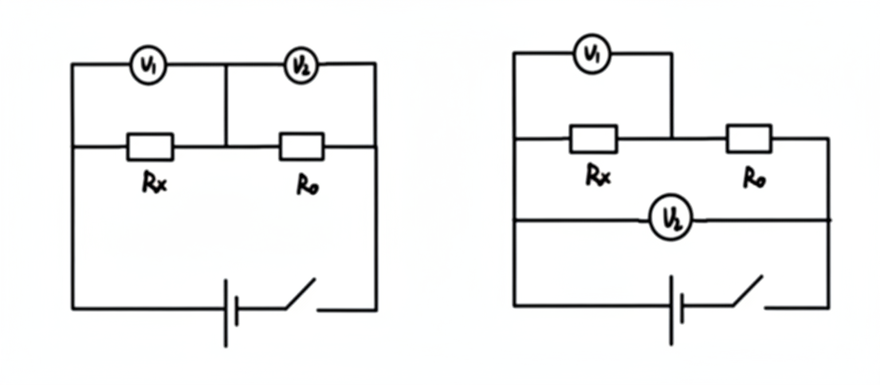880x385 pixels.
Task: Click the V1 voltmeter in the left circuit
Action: (148, 65)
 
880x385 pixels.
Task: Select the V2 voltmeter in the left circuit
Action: (301, 66)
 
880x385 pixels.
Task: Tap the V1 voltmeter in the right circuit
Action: (592, 54)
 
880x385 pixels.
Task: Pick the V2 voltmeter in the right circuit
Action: (671, 217)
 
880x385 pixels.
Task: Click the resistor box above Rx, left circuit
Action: (150, 147)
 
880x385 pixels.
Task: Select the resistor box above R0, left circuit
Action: (302, 147)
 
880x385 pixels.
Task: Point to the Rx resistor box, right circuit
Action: (594, 139)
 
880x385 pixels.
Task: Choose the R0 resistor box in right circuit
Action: (749, 138)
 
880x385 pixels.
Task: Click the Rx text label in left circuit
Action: (154, 183)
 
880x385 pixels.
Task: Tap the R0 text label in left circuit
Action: (308, 184)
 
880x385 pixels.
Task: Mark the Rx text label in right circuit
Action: (598, 175)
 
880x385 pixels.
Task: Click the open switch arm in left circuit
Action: (301, 294)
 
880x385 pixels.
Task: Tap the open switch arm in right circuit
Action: (748, 290)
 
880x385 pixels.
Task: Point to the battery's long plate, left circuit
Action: (226, 313)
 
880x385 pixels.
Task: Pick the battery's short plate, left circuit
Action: (237, 312)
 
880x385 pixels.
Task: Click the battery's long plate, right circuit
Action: (671, 311)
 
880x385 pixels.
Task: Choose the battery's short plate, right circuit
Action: (682, 308)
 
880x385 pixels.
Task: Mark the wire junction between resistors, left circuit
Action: (226, 147)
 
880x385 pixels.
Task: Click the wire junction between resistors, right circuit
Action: (672, 138)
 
